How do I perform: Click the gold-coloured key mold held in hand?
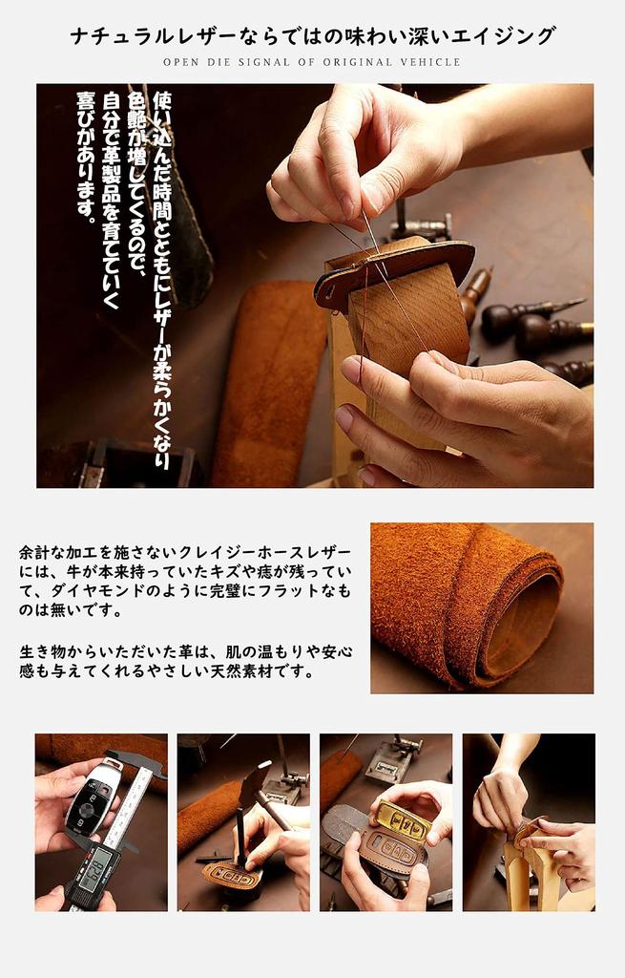coord(402,819)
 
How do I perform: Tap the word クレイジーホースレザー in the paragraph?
coord(276,553)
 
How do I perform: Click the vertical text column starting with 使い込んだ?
coord(161,278)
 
